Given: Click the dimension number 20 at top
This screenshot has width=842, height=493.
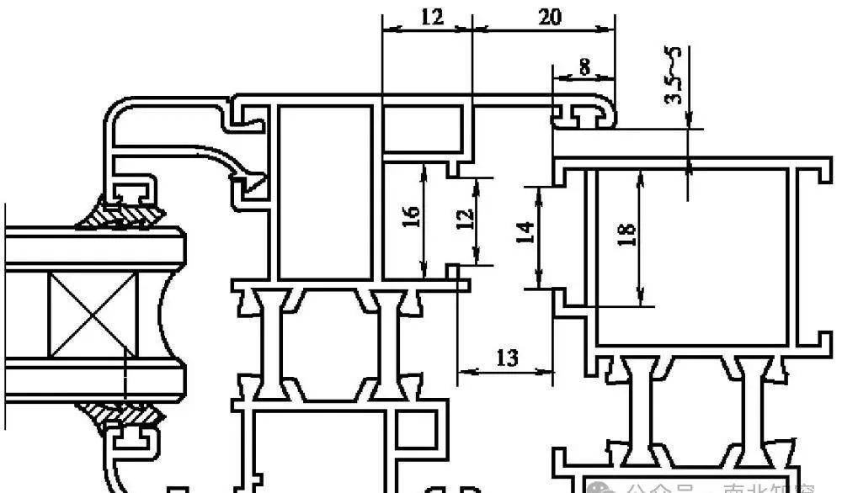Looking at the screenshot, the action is pyautogui.click(x=548, y=16).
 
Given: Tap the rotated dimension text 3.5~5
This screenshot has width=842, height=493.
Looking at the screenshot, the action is pyautogui.click(x=673, y=76).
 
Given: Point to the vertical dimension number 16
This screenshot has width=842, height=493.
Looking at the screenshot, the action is pyautogui.click(x=410, y=217).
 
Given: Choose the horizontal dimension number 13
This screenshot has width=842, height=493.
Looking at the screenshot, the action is pyautogui.click(x=507, y=358).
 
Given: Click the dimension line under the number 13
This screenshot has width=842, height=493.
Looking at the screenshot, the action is pyautogui.click(x=507, y=372).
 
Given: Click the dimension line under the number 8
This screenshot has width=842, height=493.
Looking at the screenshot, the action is pyautogui.click(x=583, y=80).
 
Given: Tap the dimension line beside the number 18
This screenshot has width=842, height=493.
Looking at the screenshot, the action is pyautogui.click(x=642, y=236).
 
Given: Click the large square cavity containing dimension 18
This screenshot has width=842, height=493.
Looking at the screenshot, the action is pyautogui.click(x=690, y=252).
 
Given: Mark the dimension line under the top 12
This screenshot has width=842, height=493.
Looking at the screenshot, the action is pyautogui.click(x=428, y=29).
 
